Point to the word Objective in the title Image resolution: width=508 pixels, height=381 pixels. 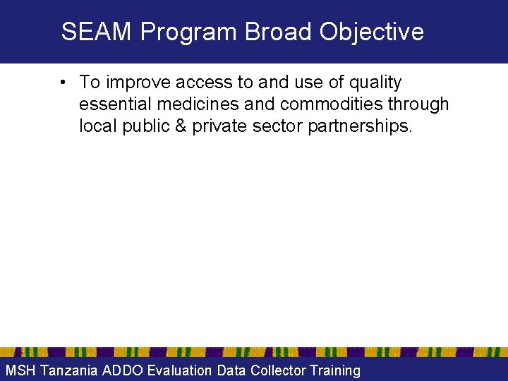372,32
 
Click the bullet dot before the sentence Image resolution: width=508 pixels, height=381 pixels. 64,83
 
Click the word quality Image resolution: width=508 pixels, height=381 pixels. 374,83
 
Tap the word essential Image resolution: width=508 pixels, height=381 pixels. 115,104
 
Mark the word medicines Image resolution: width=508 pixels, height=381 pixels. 198,104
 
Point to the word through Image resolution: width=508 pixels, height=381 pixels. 418,104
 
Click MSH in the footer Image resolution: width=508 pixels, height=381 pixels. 20,370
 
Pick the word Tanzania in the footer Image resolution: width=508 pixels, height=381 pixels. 68,370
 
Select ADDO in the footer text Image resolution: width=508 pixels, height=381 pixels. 122,370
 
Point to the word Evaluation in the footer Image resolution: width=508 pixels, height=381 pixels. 179,370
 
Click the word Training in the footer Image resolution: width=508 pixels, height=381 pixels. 335,370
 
